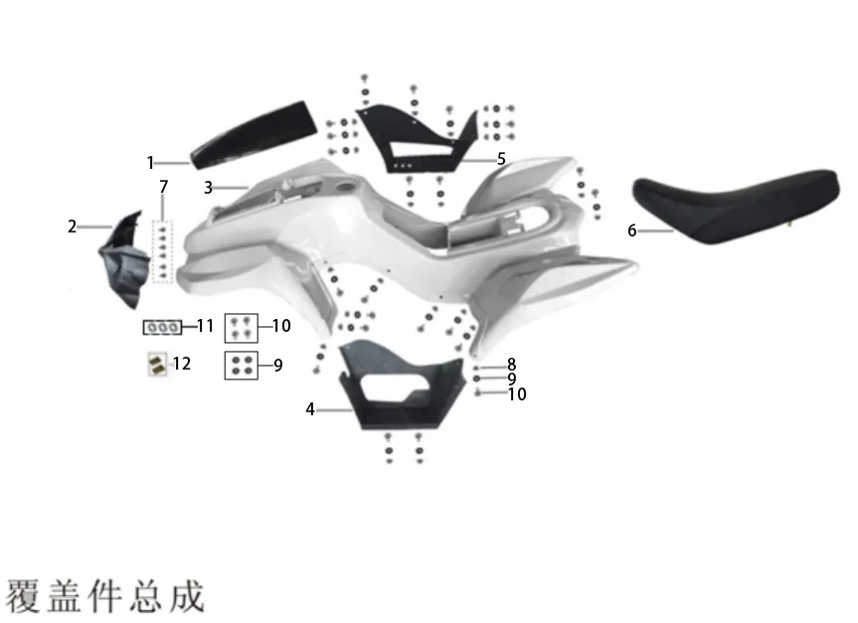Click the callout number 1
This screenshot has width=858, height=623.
click(x=150, y=162)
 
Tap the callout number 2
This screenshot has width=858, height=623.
click(x=73, y=227)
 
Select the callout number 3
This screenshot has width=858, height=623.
click(x=208, y=188)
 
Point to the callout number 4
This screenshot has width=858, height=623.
click(x=310, y=409)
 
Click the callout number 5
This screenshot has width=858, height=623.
click(x=501, y=159)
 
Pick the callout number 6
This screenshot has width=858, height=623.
click(x=632, y=231)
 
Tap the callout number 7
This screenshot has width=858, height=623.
click(x=164, y=187)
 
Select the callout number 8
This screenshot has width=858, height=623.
click(x=512, y=365)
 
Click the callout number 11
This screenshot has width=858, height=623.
click(x=205, y=326)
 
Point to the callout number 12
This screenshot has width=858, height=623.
click(x=182, y=364)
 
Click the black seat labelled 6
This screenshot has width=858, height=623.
click(x=736, y=206)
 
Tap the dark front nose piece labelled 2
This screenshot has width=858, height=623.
click(x=124, y=259)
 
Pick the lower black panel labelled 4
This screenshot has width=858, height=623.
click(x=402, y=386)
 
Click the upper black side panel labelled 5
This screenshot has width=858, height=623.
click(x=417, y=140)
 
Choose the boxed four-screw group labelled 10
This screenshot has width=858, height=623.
click(x=242, y=328)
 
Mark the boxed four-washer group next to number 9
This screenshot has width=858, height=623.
click(x=242, y=366)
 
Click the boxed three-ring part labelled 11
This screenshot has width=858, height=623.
click(x=162, y=327)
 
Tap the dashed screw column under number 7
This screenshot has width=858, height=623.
click(x=162, y=252)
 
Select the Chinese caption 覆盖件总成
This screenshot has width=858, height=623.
click(x=105, y=595)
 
